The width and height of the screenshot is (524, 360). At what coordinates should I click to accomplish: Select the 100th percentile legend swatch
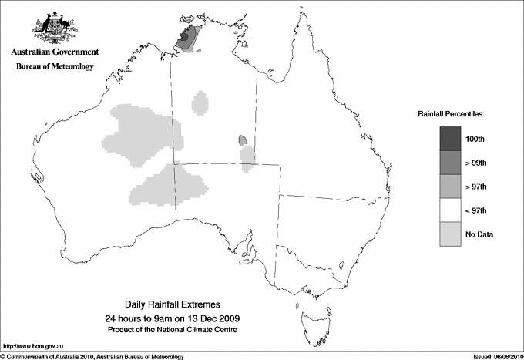click(450, 139)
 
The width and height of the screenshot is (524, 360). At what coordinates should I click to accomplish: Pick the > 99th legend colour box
click(450, 163)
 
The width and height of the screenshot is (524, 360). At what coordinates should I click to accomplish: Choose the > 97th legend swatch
click(450, 187)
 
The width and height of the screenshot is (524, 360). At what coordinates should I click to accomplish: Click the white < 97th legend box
click(450, 210)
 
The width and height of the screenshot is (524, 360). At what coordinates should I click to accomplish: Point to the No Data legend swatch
click(450, 234)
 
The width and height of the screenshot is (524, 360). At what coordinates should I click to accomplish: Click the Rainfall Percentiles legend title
click(450, 114)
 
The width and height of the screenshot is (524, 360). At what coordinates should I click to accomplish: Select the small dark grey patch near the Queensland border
click(242, 140)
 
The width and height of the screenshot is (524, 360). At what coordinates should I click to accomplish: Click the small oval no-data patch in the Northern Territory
click(201, 102)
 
